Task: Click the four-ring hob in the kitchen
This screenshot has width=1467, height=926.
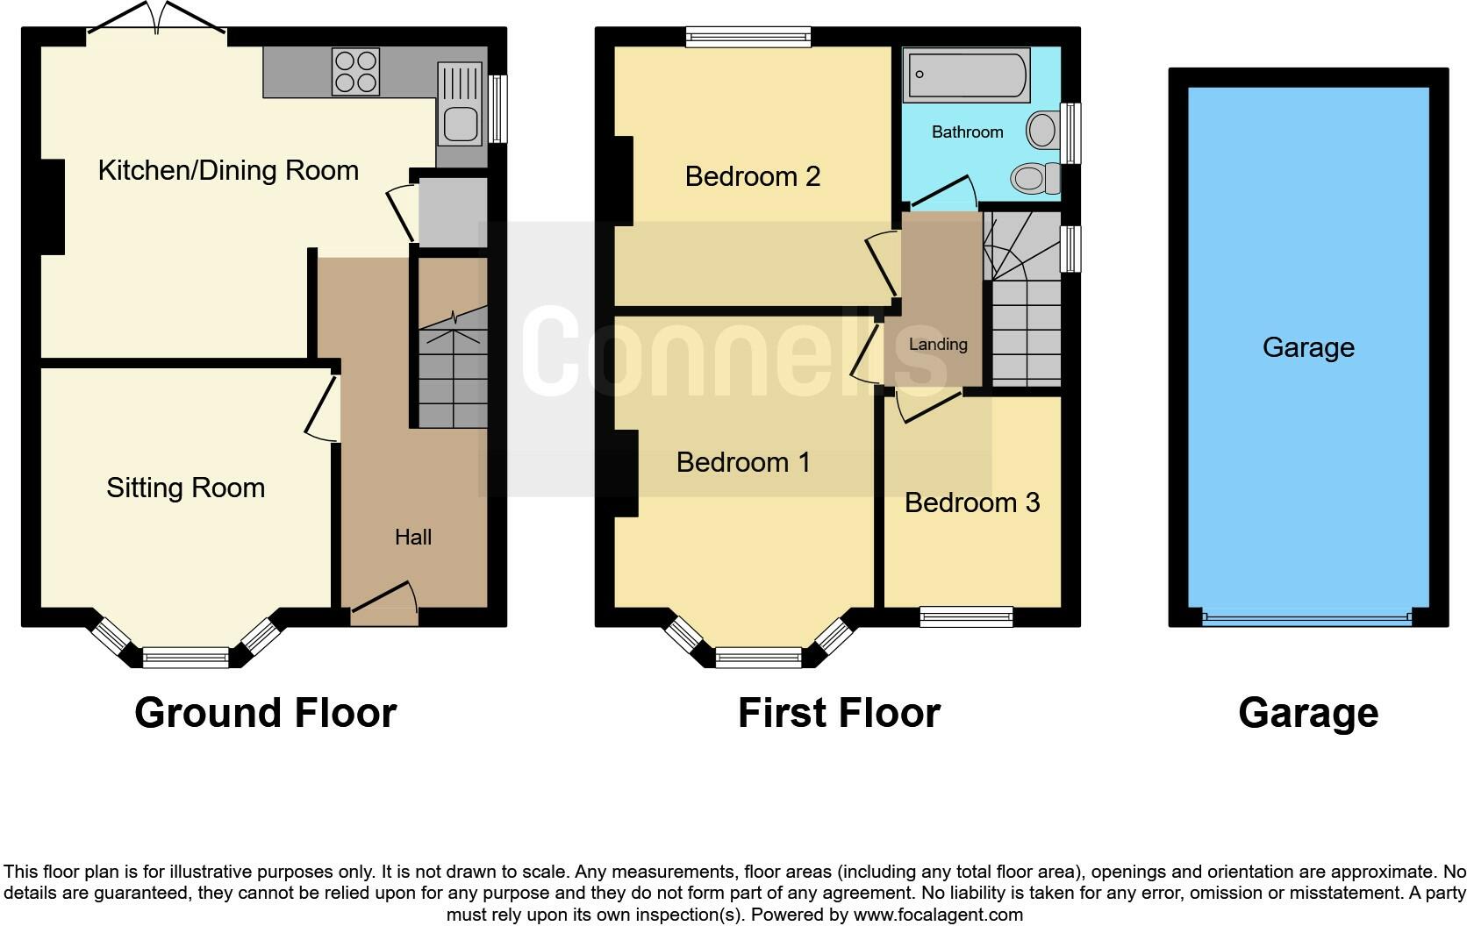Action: pyautogui.click(x=356, y=71)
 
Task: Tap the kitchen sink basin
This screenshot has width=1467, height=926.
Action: pyautogui.click(x=462, y=124)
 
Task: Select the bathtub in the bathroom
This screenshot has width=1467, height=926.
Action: pyautogui.click(x=967, y=75)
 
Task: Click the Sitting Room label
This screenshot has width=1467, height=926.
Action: pyautogui.click(x=185, y=488)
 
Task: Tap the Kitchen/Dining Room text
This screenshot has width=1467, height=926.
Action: pyautogui.click(x=228, y=170)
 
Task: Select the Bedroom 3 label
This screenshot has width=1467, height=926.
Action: pyautogui.click(x=971, y=502)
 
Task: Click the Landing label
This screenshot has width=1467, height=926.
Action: pyautogui.click(x=937, y=345)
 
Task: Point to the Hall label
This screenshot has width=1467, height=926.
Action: pyautogui.click(x=412, y=537)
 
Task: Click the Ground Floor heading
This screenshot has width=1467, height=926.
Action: pyautogui.click(x=265, y=712)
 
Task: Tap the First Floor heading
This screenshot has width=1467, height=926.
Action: pyautogui.click(x=839, y=712)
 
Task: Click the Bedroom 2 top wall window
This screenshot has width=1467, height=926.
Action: pyautogui.click(x=748, y=36)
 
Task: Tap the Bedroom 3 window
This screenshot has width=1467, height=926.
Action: pyautogui.click(x=966, y=617)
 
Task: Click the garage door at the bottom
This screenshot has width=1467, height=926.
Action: pyautogui.click(x=1307, y=618)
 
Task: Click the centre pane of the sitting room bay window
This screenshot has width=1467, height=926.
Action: pyautogui.click(x=185, y=657)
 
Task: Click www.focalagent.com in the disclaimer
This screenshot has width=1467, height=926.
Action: pyautogui.click(x=937, y=915)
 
